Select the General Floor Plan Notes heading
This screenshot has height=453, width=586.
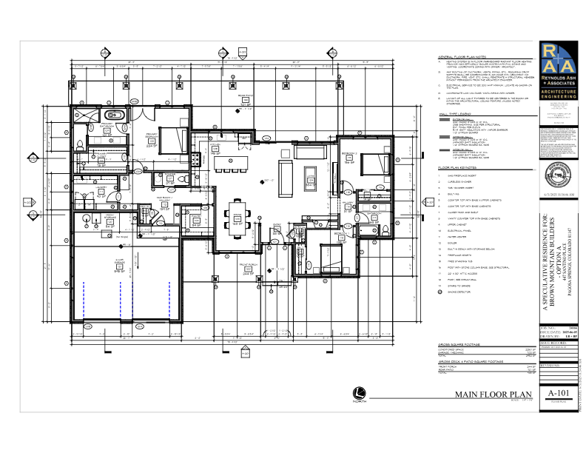point(460,57)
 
